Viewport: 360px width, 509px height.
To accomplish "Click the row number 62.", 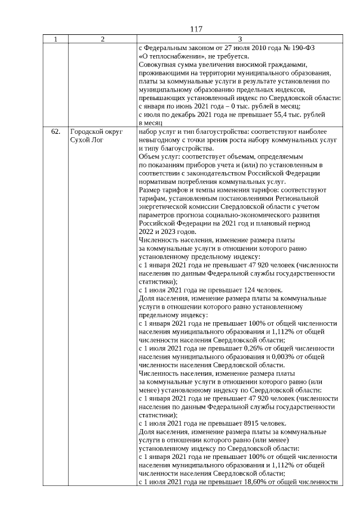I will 56,131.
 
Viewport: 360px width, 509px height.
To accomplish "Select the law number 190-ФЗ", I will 302,48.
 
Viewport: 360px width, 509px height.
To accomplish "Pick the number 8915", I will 236,424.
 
